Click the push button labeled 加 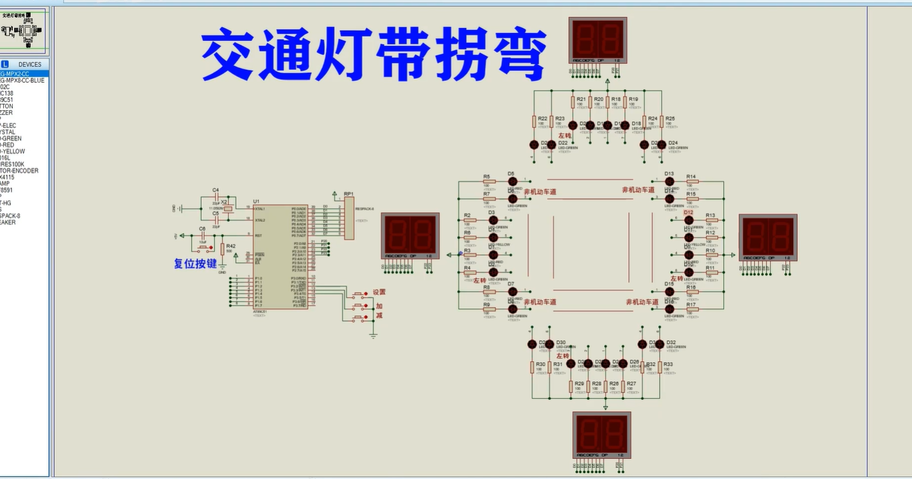click(360, 306)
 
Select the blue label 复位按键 click(195, 263)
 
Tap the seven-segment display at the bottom click(601, 435)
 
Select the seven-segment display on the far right click(768, 237)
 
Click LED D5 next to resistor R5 click(512, 182)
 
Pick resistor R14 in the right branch click(692, 182)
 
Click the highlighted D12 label click(688, 212)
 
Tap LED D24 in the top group click(662, 144)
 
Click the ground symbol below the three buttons click(373, 335)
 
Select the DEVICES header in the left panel click(30, 64)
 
